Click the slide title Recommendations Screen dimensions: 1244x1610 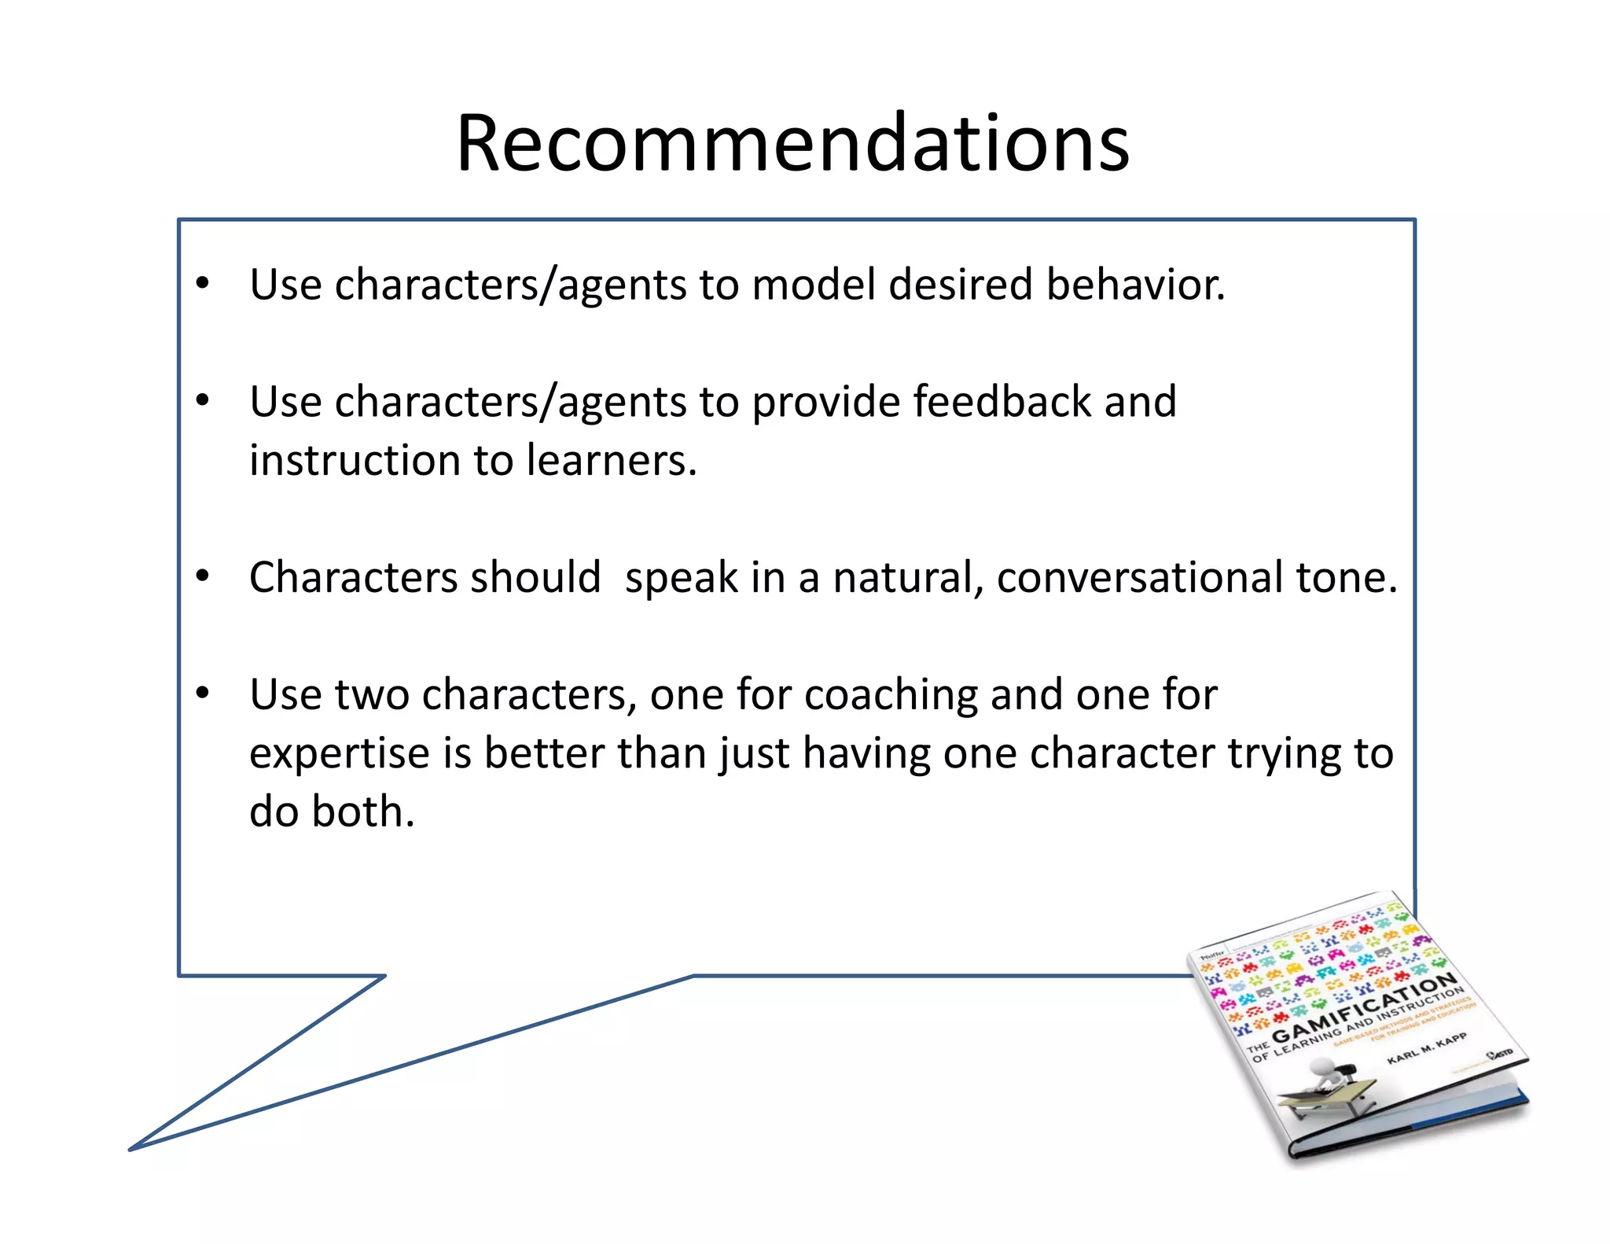coord(792,144)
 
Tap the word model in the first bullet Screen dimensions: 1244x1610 coord(813,284)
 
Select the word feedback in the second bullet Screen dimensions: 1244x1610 coord(1001,402)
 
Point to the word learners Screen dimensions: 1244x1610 coord(611,461)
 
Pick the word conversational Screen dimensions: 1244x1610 coord(1139,578)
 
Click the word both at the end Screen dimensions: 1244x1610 coord(362,812)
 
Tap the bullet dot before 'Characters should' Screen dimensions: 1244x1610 coord(203,576)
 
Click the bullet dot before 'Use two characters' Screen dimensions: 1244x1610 coord(203,693)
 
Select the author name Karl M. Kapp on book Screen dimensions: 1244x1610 coord(1426,1048)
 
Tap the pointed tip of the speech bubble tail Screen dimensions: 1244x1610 coord(131,1150)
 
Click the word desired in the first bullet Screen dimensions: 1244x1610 coord(960,284)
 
